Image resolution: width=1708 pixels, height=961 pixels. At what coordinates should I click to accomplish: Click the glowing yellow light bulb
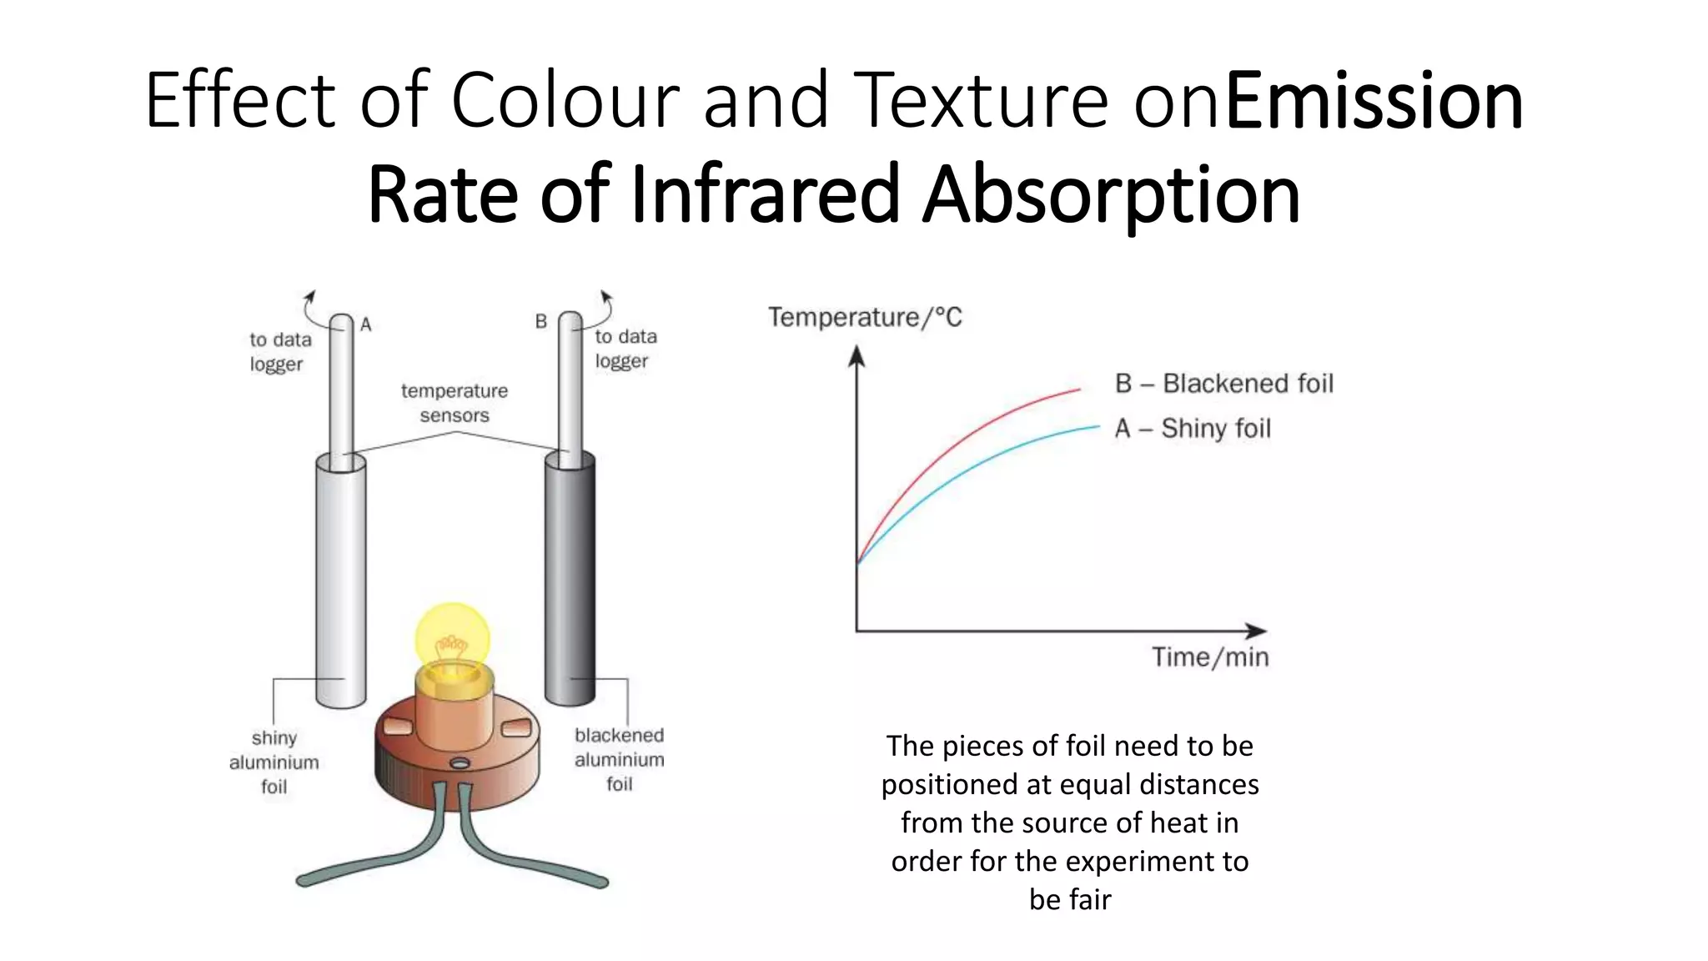tap(452, 639)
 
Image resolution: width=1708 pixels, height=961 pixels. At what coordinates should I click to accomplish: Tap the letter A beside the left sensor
tap(365, 325)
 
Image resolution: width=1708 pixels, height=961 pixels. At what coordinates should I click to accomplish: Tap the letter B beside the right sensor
tap(540, 321)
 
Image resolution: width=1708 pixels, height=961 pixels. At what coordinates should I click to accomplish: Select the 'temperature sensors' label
tap(454, 403)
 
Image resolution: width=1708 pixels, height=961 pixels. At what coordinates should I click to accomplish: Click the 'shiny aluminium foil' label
tap(274, 762)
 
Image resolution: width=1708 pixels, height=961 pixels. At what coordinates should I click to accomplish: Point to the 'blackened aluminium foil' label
tap(619, 759)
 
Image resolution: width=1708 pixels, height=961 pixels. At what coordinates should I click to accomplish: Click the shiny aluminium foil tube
tap(340, 576)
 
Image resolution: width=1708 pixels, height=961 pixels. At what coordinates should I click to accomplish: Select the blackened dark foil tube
tap(570, 576)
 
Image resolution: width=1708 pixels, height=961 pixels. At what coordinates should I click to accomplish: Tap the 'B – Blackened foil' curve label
tap(1223, 384)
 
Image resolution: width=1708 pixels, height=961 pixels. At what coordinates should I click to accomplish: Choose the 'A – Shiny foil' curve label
tap(1193, 429)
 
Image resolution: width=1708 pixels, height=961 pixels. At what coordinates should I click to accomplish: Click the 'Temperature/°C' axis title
tap(865, 318)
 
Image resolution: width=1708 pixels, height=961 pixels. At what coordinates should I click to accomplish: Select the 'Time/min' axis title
tap(1210, 657)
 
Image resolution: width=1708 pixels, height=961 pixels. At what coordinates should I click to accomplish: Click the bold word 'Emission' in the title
tap(1374, 101)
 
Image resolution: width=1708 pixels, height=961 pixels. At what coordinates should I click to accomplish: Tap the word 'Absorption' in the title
tap(1111, 194)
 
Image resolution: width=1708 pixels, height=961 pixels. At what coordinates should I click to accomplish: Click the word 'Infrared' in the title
tap(765, 194)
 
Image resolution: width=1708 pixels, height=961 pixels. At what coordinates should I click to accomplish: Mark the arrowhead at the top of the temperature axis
tap(857, 356)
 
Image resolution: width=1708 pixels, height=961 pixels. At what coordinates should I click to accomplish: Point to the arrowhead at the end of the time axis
tap(1256, 631)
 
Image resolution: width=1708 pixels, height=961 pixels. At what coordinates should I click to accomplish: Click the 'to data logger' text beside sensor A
tap(280, 352)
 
